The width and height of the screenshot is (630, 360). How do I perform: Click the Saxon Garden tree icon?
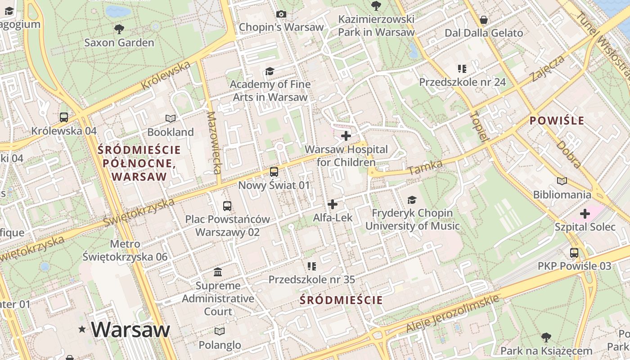tap(119, 30)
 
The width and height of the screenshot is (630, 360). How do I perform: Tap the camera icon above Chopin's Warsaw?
tap(281, 14)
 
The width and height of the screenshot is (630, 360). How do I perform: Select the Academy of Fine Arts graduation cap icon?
tap(270, 72)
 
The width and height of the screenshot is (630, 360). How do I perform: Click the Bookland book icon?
tap(170, 119)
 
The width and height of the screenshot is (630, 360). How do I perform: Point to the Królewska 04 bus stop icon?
tap(64, 117)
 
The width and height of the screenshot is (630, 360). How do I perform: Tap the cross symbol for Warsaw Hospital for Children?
tap(346, 136)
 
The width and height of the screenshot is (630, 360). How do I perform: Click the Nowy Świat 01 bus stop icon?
tap(274, 172)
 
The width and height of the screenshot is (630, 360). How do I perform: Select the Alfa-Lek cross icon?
tap(333, 204)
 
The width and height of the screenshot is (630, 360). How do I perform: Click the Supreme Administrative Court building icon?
tap(218, 272)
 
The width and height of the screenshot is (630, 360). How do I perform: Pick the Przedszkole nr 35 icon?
tap(311, 266)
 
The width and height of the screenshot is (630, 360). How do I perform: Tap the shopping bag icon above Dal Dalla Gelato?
tap(484, 20)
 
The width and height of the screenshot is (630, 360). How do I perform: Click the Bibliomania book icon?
tap(562, 181)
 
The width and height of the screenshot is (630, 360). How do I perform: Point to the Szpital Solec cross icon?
tap(585, 214)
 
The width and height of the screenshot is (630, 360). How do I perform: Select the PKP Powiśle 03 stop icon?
tap(574, 253)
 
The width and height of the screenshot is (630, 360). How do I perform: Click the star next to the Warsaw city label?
tap(82, 329)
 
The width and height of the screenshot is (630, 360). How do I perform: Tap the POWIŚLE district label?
tap(557, 121)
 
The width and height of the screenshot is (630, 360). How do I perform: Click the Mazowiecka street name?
tap(214, 143)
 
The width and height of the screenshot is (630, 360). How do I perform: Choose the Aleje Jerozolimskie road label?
tap(453, 314)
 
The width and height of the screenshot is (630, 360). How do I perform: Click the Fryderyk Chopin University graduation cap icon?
tap(412, 200)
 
